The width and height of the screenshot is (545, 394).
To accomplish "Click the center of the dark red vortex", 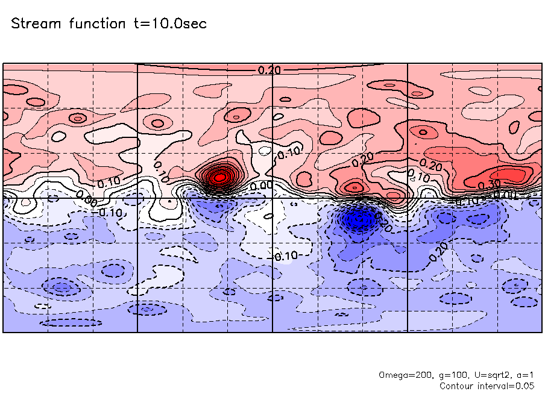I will tap(220, 177).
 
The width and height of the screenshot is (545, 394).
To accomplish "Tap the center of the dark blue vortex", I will tap(360, 219).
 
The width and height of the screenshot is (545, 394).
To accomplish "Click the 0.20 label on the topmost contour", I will tap(269, 70).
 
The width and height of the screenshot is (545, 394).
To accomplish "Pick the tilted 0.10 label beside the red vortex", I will tap(162, 171).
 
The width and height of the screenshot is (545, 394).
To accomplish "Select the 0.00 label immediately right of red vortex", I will tap(260, 186).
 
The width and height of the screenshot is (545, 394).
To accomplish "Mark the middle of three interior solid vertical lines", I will tap(273, 271).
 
